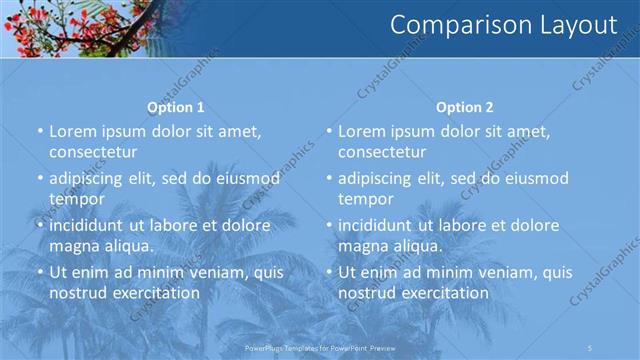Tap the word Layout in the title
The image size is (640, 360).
point(572,25)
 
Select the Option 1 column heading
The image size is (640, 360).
point(176,107)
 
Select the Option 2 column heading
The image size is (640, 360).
point(465,107)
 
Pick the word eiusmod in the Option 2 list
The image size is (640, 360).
point(530,178)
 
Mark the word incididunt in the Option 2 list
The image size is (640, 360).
point(376,225)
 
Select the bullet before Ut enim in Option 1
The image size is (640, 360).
point(40,272)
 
